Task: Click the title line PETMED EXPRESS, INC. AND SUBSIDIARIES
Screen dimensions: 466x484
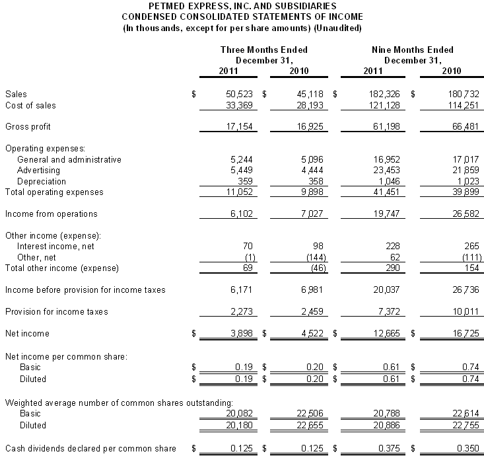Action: click(242, 5)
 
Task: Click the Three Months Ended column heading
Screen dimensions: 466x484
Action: click(264, 50)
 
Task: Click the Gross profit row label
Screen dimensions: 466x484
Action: click(28, 126)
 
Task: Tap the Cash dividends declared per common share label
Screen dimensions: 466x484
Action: click(90, 449)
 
